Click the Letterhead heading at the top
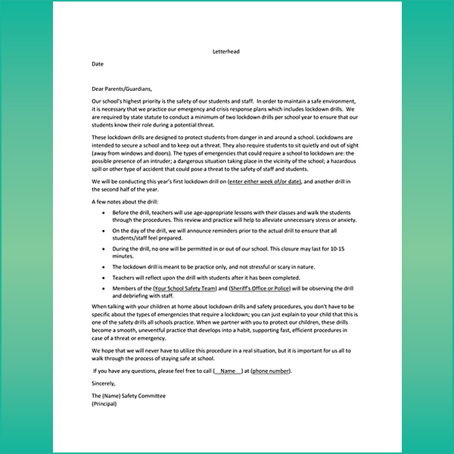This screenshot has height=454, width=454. tap(226, 52)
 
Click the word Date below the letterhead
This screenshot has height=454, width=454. tap(98, 64)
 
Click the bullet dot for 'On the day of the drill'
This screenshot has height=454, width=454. tap(104, 230)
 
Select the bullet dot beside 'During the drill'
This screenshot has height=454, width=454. tap(104, 248)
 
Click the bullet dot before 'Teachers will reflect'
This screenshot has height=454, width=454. tap(104, 278)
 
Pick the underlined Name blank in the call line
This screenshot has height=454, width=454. tap(229, 372)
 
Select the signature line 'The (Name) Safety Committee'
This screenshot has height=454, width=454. tap(128, 396)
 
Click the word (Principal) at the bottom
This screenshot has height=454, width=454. tap(106, 404)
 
